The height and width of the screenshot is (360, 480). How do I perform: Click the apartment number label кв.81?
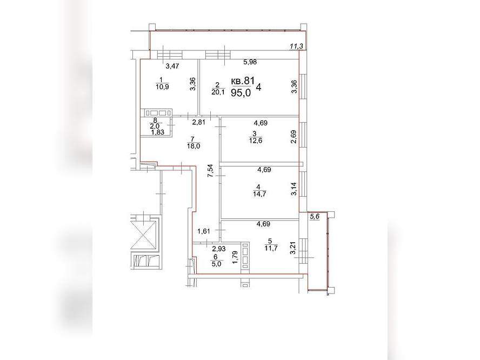click(243, 81)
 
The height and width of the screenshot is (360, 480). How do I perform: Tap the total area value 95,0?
click(241, 93)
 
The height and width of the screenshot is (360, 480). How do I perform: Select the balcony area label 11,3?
click(296, 46)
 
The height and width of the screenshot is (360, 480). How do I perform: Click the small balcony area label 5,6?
click(315, 216)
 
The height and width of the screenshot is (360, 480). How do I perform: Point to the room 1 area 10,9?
click(162, 86)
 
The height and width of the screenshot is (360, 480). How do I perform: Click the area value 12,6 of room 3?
click(256, 141)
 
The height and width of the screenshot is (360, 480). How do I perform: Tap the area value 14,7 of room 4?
click(259, 194)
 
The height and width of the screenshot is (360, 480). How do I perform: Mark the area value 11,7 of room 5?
click(271, 248)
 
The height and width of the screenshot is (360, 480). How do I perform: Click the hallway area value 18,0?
click(194, 146)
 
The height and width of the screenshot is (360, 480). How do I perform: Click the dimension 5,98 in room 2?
click(250, 62)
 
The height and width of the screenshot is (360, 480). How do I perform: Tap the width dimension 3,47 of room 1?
click(172, 65)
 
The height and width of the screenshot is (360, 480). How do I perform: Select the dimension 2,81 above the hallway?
click(198, 123)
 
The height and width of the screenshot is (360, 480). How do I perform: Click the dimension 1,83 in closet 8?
click(158, 132)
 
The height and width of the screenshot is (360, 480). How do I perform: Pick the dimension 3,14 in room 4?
click(294, 189)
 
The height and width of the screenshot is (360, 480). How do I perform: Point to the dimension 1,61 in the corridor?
click(204, 231)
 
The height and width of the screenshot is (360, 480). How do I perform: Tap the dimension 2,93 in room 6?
click(219, 249)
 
